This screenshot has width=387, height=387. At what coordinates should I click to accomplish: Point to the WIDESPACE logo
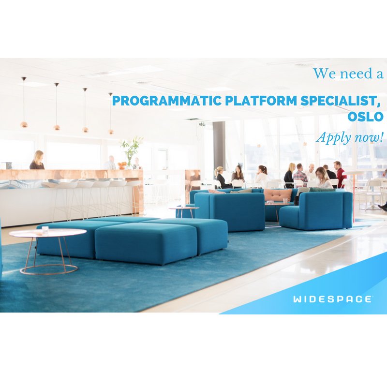click(x=332, y=299)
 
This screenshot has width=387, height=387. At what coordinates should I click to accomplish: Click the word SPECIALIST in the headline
click(x=340, y=102)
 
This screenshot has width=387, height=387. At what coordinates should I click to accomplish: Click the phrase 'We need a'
click(x=348, y=74)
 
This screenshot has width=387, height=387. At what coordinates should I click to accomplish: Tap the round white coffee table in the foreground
click(x=47, y=233)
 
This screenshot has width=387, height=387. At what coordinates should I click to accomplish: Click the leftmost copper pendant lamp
click(x=24, y=124)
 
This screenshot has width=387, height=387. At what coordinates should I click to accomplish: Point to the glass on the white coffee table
click(x=45, y=229)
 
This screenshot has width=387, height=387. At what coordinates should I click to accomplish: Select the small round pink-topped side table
click(x=183, y=209)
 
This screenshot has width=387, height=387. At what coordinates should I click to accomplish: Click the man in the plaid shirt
click(x=300, y=175)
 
